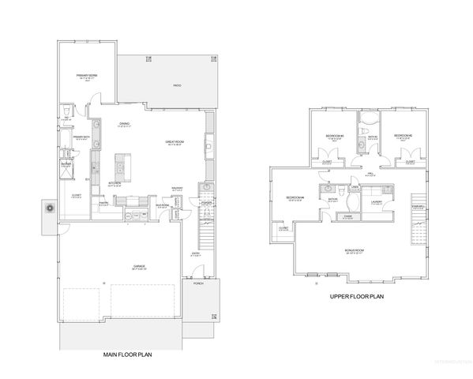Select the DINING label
coord(125,124)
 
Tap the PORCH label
coord(199,305)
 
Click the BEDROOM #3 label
coord(334,136)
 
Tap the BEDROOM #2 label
coord(404,136)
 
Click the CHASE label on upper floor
coord(347,216)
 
